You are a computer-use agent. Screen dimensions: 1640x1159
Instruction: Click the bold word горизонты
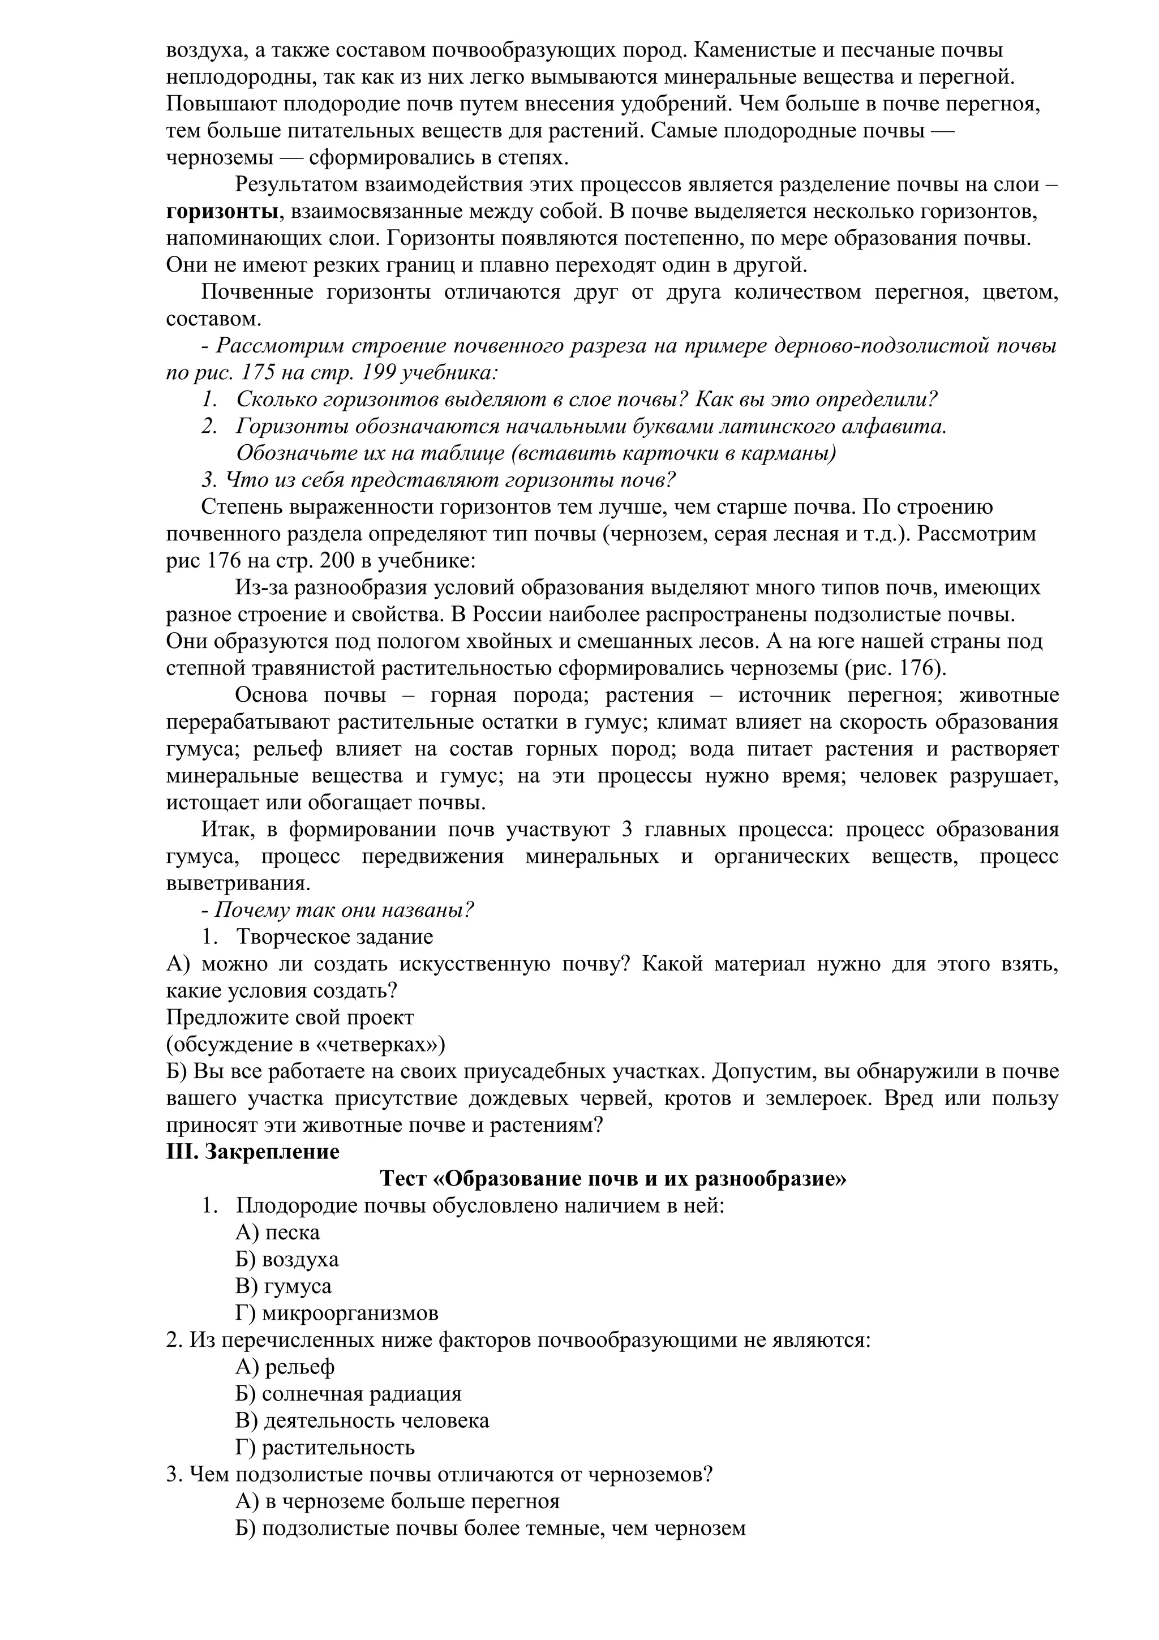(222, 212)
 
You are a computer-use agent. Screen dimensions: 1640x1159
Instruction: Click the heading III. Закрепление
(253, 1152)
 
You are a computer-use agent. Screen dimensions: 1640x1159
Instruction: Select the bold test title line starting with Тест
(613, 1179)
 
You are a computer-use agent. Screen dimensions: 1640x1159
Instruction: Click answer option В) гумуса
(284, 1286)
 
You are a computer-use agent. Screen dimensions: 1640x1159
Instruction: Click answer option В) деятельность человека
(362, 1420)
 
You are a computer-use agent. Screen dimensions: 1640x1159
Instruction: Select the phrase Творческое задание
(334, 937)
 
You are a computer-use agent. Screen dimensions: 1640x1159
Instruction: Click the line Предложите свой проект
(290, 1017)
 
